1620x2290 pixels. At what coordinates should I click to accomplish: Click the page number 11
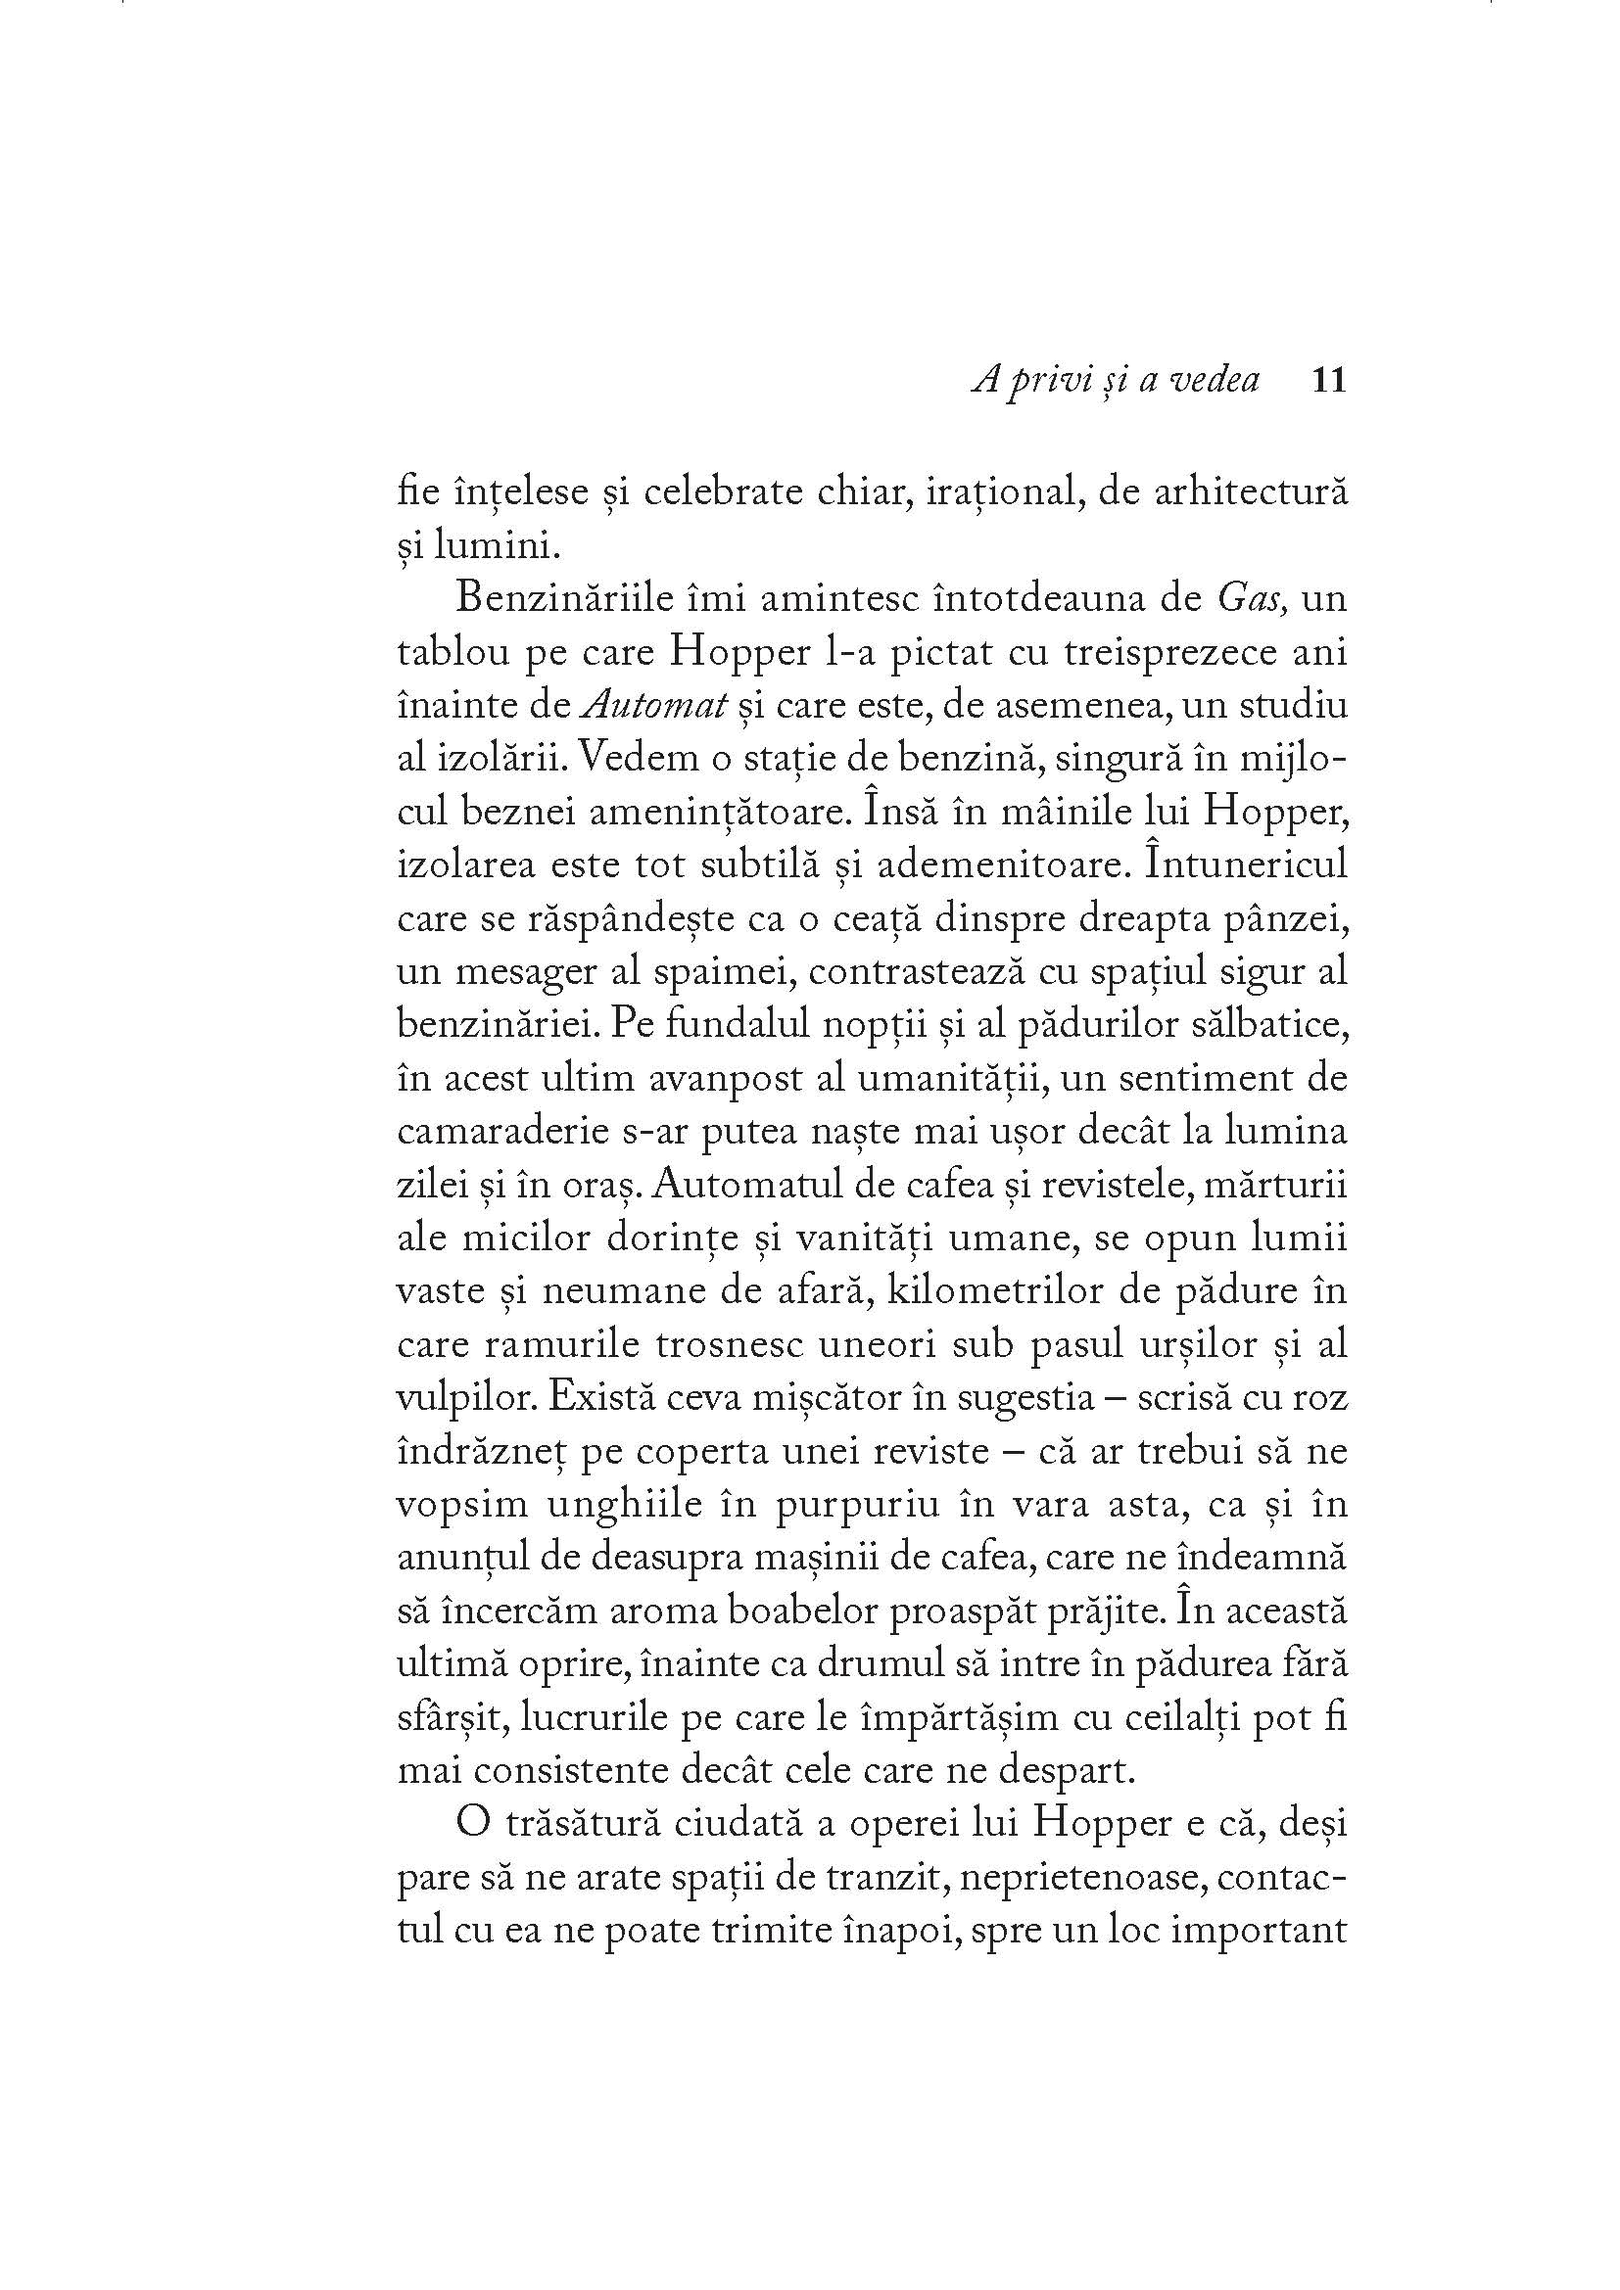click(x=1330, y=380)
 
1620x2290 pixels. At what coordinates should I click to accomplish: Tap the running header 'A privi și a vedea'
click(x=1116, y=380)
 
